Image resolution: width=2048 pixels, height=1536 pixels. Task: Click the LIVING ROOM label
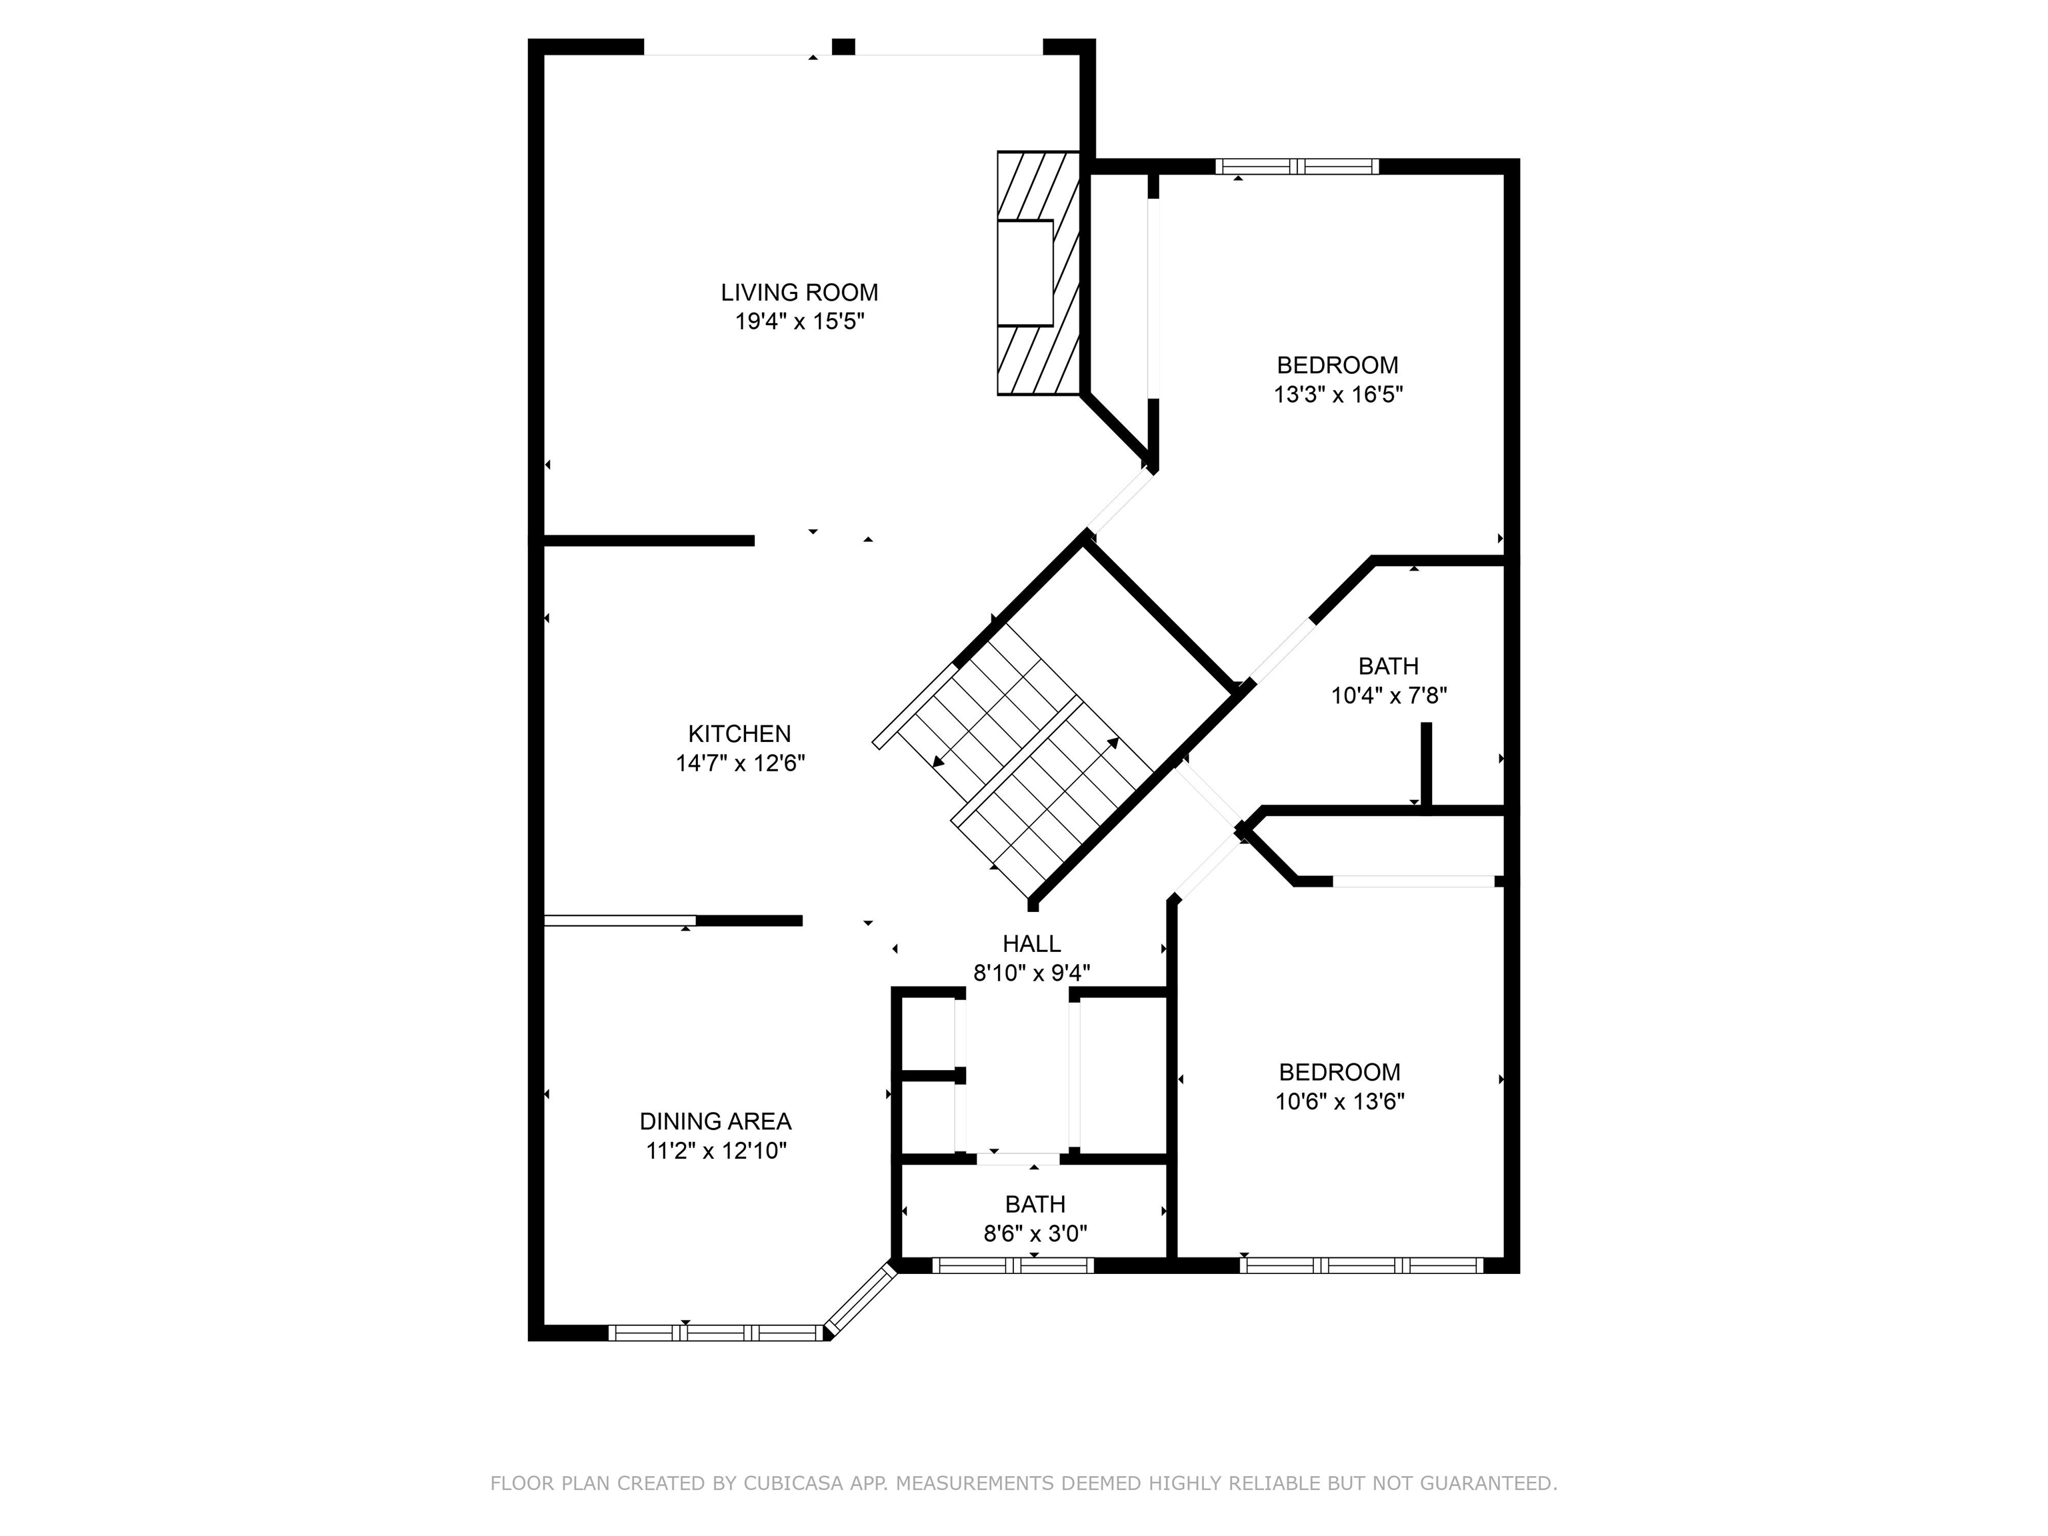pos(799,293)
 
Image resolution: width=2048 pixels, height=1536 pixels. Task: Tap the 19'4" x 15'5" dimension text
pos(799,322)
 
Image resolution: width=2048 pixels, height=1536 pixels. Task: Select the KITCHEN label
pos(739,734)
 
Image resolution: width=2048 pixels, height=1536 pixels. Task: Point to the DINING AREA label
pos(715,1121)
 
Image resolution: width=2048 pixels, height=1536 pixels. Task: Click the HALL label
pos(1031,943)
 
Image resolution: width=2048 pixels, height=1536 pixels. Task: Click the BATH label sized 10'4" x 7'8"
pos(1388,666)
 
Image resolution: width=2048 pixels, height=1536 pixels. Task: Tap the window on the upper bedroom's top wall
pos(1296,167)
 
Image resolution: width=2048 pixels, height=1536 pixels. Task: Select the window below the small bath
pos(1013,1265)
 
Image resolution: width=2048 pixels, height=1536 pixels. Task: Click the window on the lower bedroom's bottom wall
pos(1361,1265)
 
